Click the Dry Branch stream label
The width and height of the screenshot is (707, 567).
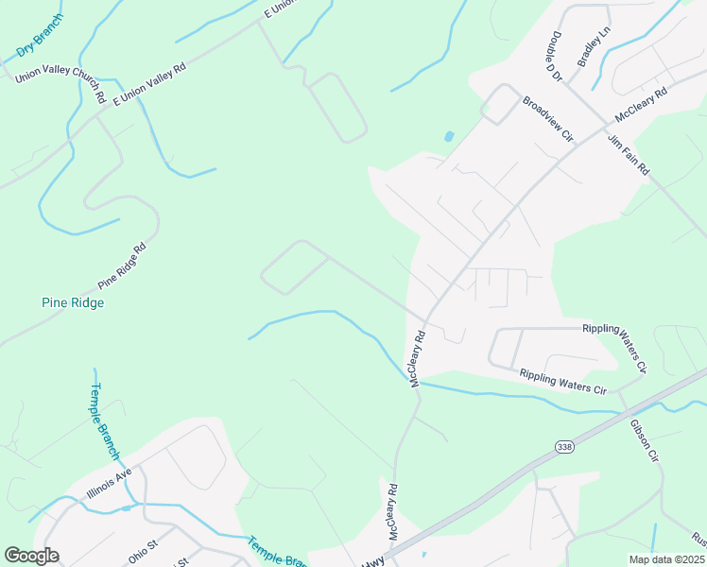point(40,35)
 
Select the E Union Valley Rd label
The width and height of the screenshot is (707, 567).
point(150,83)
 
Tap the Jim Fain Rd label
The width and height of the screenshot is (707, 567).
point(628,153)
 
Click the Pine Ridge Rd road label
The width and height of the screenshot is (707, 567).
point(122,266)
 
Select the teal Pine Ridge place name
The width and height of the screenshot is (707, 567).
point(73,303)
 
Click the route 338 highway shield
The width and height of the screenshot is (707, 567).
point(564,445)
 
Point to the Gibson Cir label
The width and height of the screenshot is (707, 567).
point(644,439)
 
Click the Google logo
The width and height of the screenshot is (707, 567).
point(31,556)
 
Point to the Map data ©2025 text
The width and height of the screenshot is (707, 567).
point(665,559)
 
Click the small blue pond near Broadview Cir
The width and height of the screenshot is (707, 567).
point(448,136)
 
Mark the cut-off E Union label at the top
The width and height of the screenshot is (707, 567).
point(282,9)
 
